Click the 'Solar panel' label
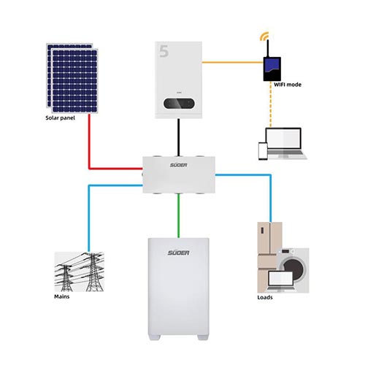[x=60, y=118]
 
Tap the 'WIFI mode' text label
[x=288, y=85]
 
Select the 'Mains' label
[x=62, y=296]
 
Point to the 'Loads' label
[x=265, y=297]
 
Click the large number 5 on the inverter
[x=164, y=51]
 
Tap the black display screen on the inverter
[x=179, y=104]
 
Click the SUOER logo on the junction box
[x=179, y=165]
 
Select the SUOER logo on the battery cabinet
[x=179, y=253]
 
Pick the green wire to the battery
[x=179, y=215]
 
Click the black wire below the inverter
[x=179, y=137]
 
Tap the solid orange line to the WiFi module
[x=233, y=63]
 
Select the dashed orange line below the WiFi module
[x=271, y=104]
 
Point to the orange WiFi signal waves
[x=264, y=36]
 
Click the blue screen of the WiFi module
[x=272, y=65]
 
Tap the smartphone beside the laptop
[x=263, y=151]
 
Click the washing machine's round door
[x=293, y=269]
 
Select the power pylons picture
[x=80, y=272]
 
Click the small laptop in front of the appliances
[x=280, y=281]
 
